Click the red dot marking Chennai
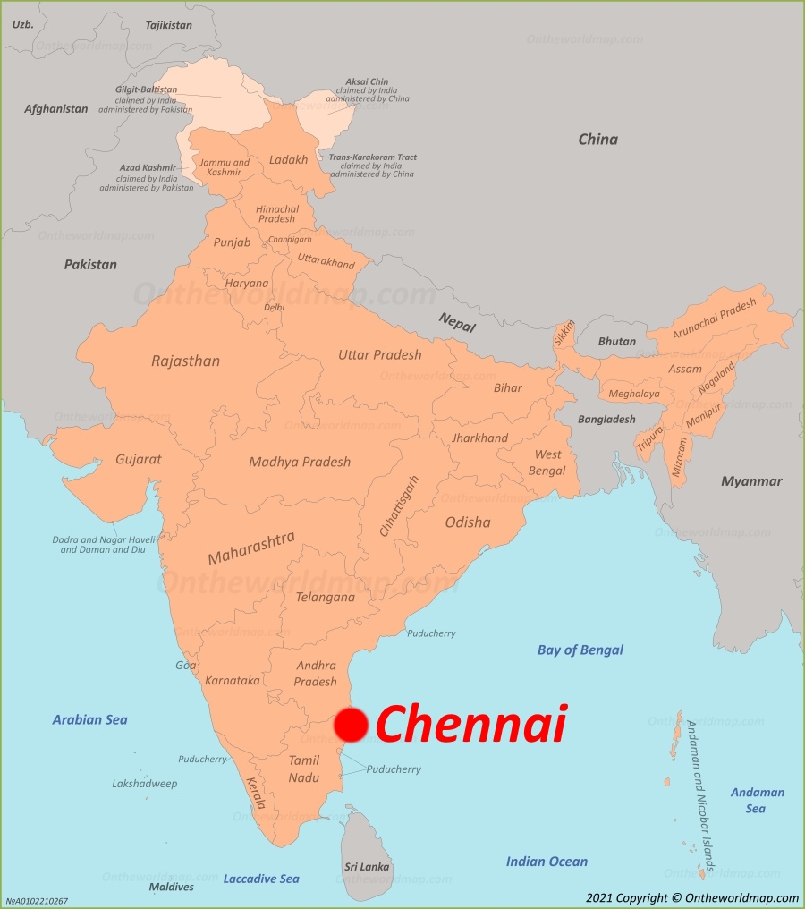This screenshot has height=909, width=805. coord(352,725)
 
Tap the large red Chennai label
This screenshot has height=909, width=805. coord(470,724)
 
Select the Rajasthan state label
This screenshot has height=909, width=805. coord(185,361)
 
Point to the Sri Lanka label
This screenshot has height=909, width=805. coord(367,866)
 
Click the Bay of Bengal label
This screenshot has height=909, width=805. coord(580,650)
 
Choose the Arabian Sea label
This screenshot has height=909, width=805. coord(89,719)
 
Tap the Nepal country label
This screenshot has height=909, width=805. coord(457,320)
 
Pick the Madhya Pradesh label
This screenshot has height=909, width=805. coord(299,463)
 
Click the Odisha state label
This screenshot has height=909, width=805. coord(467,522)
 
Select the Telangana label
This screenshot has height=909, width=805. coord(325,597)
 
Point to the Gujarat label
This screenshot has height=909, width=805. coord(138,459)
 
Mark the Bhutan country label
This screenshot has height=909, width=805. coord(616,341)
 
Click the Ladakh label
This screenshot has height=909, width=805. coord(288,160)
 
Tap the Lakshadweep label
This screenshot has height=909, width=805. coord(144,784)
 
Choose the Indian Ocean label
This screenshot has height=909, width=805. coord(547,862)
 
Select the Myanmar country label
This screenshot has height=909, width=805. coord(751,481)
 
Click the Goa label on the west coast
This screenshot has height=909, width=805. coord(185,665)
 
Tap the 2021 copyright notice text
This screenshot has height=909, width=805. coord(691,897)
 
